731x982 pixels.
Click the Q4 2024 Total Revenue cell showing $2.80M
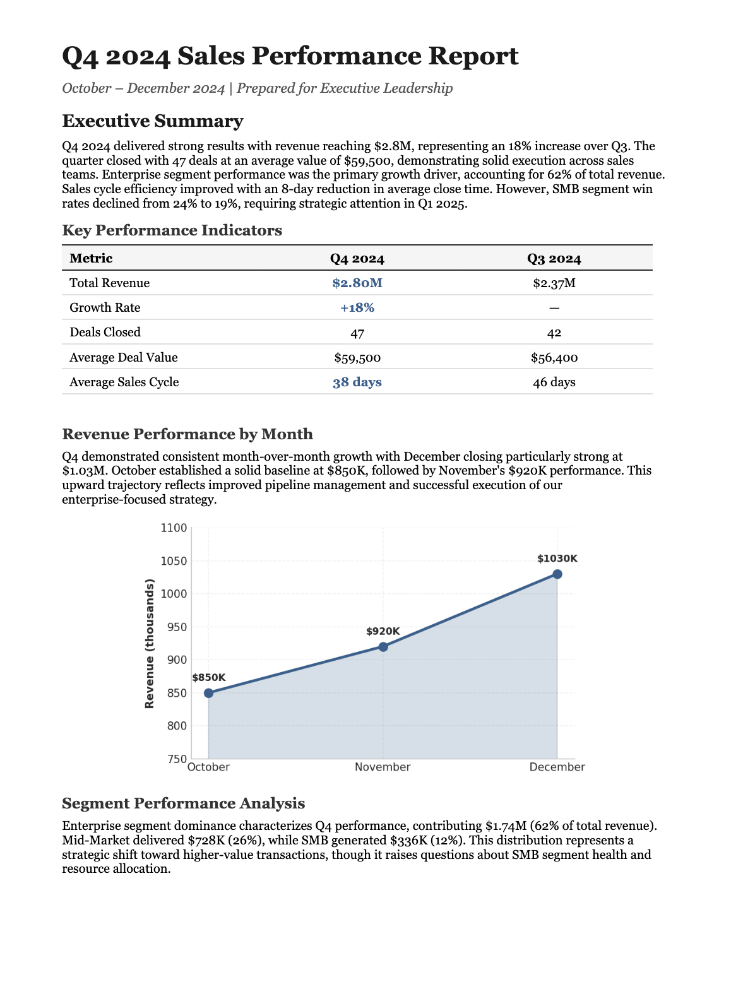tap(357, 283)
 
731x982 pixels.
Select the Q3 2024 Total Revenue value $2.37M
tap(554, 283)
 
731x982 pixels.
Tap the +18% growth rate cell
tap(357, 308)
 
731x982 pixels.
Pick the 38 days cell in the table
tap(357, 382)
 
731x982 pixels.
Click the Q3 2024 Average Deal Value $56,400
tap(554, 358)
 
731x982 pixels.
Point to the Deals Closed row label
tap(105, 333)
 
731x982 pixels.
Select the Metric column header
tap(91, 258)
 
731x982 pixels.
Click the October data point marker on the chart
tap(209, 693)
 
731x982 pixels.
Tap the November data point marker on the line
tap(383, 647)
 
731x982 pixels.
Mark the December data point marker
tap(557, 574)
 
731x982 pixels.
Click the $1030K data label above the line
tap(557, 559)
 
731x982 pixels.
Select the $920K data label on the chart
tap(383, 631)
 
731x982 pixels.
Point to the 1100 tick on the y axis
tap(175, 528)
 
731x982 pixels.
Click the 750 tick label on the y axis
tap(177, 759)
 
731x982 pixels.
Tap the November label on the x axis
tap(383, 767)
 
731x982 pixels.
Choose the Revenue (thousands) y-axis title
tap(150, 644)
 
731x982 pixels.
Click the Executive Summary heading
tap(152, 121)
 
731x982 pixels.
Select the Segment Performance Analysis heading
tap(183, 803)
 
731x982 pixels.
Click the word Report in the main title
tap(473, 56)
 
